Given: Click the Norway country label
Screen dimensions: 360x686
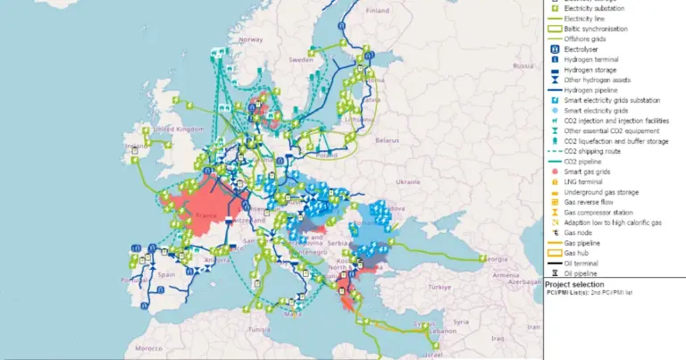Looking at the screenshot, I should [x=251, y=39].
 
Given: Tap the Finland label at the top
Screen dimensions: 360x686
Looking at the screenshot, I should [x=378, y=12].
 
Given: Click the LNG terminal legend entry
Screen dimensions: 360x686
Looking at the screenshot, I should [x=588, y=181].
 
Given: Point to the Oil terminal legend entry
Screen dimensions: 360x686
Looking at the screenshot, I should [x=585, y=264].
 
